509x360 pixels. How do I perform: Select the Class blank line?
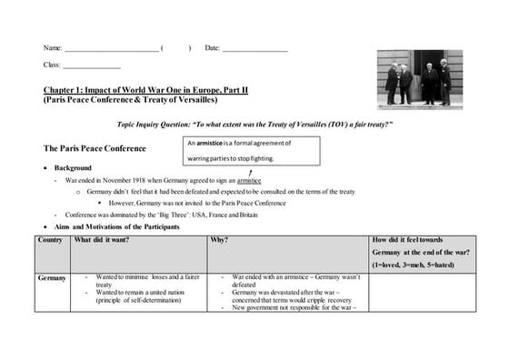click(91, 68)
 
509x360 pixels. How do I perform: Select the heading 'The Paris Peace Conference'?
click(95, 147)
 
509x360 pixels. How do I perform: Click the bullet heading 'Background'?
click(74, 168)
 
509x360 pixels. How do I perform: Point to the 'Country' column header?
click(51, 240)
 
